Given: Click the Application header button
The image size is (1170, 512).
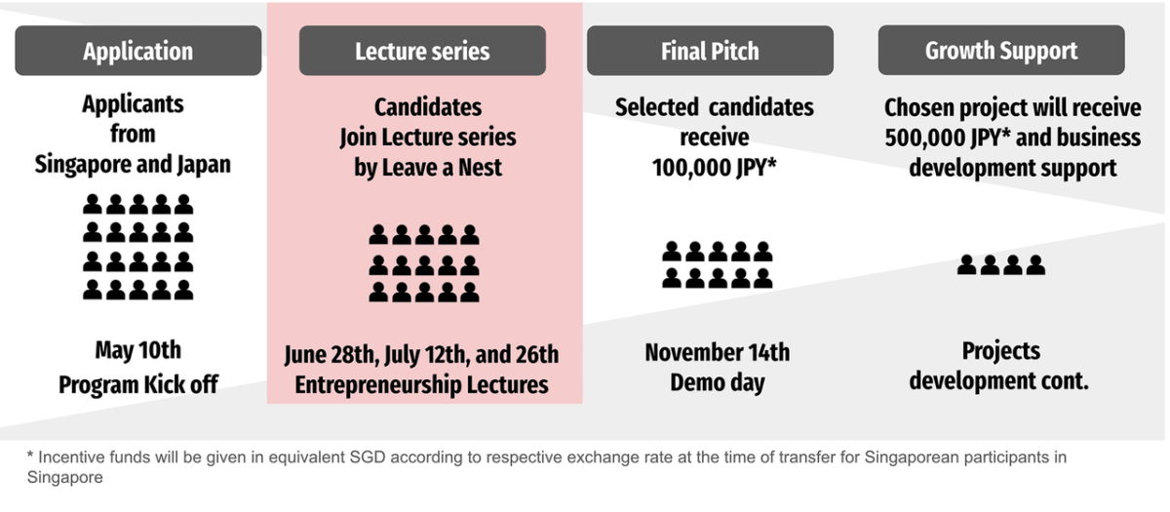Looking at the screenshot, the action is (x=137, y=51).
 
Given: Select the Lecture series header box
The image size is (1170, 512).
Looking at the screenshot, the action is (x=422, y=51).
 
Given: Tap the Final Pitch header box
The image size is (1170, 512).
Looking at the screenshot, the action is (x=710, y=51).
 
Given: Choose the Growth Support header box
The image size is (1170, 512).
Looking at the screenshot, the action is (x=1000, y=50).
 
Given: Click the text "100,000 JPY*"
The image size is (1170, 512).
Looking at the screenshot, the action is (x=714, y=168).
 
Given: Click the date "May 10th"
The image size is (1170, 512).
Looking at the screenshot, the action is (x=137, y=350).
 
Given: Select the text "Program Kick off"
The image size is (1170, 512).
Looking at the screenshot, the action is (x=137, y=385).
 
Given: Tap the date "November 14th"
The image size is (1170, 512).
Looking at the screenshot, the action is (x=718, y=352).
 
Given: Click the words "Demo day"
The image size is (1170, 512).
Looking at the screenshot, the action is (x=718, y=383).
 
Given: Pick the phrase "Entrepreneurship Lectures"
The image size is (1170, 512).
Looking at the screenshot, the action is (x=421, y=385).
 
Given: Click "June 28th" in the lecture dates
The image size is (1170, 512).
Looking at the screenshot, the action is (x=331, y=355).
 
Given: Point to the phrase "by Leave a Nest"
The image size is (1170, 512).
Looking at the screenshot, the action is (x=428, y=168).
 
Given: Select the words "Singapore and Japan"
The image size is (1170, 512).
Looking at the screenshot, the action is (x=133, y=165).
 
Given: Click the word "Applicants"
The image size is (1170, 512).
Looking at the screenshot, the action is (x=133, y=104).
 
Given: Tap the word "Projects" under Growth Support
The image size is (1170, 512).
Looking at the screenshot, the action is (x=1000, y=351).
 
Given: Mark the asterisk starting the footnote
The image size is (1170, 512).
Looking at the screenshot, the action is (x=30, y=455).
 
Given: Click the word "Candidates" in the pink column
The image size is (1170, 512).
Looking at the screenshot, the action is (x=428, y=107).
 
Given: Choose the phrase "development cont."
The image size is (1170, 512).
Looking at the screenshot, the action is (x=998, y=381).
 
